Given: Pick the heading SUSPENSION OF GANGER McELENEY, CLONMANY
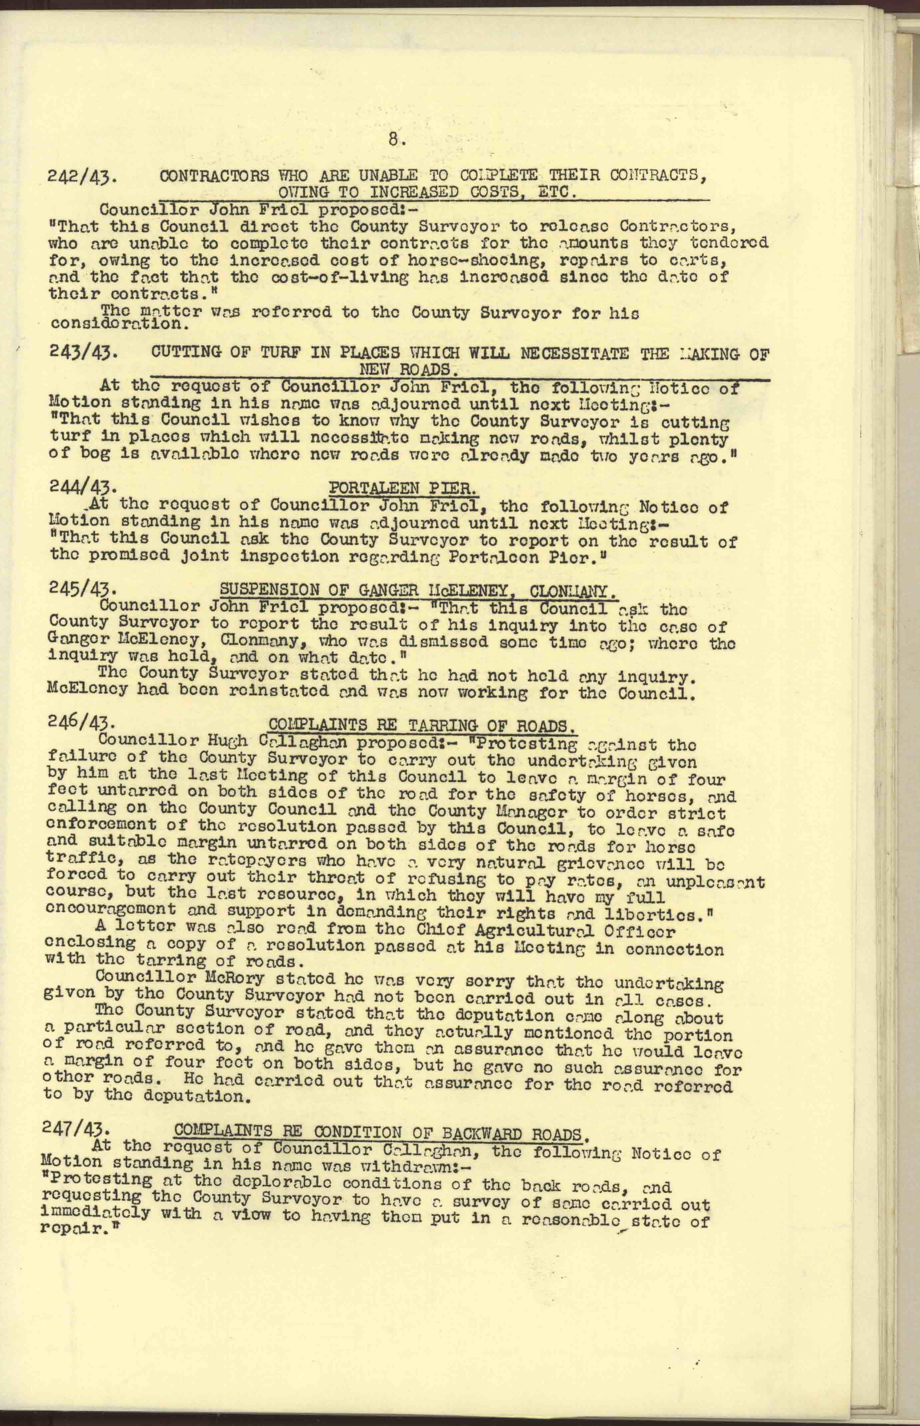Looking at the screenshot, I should point(418,591).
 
